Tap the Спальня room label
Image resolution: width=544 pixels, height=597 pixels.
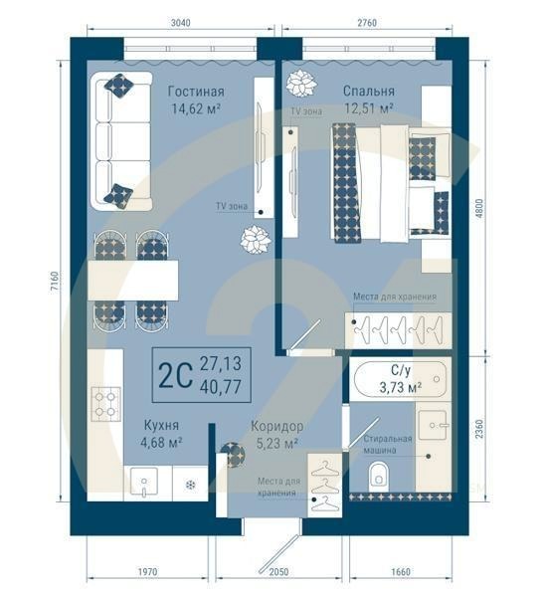(x=369, y=89)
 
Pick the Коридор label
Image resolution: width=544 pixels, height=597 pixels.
(x=276, y=426)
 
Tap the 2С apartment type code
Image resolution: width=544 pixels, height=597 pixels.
(x=175, y=374)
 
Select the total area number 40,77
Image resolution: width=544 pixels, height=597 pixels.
(x=220, y=384)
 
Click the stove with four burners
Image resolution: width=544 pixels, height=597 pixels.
(x=105, y=402)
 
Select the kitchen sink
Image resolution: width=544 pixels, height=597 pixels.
(x=145, y=485)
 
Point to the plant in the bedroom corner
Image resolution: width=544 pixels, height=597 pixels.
(x=302, y=83)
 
